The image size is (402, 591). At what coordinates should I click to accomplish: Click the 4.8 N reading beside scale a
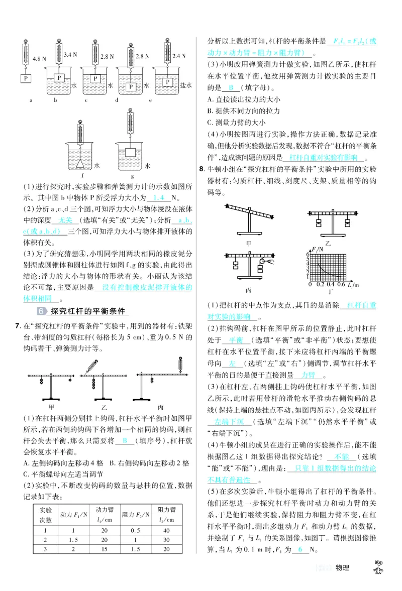tap(39, 58)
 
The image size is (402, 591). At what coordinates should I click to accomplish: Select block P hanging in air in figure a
tap(24, 79)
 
